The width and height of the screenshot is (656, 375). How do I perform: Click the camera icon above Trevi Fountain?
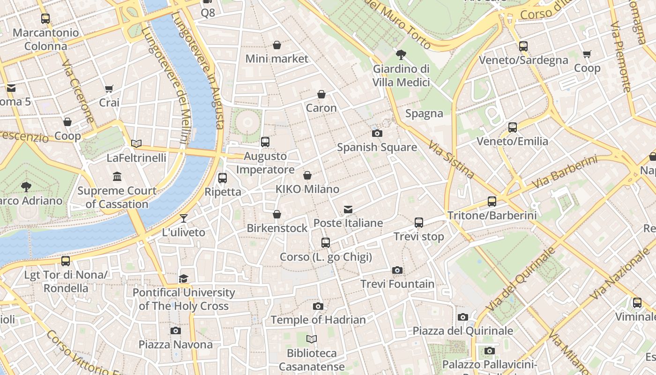[x=397, y=270]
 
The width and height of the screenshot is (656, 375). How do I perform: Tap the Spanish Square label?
[x=377, y=147]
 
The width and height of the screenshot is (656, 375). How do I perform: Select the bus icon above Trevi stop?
[x=418, y=223]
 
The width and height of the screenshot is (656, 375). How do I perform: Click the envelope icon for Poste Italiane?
[x=348, y=209]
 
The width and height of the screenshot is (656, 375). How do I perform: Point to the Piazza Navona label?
[x=175, y=345]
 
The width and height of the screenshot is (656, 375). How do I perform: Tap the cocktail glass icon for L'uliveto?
[x=183, y=218]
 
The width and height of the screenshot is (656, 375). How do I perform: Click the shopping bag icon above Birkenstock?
[x=277, y=214]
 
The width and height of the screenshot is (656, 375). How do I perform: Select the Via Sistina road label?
[x=451, y=159]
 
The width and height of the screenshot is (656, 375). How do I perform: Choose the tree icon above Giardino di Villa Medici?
[x=401, y=55]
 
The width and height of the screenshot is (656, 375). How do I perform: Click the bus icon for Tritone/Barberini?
[x=492, y=202]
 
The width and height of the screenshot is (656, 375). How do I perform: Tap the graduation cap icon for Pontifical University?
[x=183, y=279]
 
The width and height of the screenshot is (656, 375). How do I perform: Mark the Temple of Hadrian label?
[x=318, y=320]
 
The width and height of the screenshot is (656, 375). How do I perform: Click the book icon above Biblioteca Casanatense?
[x=312, y=339]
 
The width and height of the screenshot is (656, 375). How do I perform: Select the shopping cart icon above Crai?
[x=109, y=89]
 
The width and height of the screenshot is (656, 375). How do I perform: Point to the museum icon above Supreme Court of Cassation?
[x=117, y=177]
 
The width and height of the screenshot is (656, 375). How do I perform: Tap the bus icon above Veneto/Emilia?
[x=512, y=127]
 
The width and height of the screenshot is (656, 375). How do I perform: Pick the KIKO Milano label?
[x=307, y=189]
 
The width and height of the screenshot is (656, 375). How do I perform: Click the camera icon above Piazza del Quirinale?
[x=462, y=317]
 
